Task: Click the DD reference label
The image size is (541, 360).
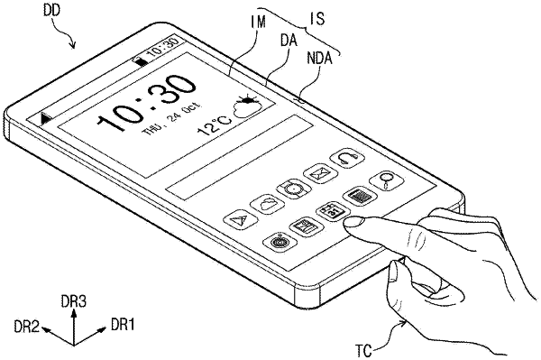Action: coord(51,10)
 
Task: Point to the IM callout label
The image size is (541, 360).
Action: coord(258,23)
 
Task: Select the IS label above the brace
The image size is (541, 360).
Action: coord(317,18)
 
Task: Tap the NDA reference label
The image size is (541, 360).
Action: coord(319,59)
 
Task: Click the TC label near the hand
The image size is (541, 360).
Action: coord(363,352)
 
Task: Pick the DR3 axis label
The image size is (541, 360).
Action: coord(74,301)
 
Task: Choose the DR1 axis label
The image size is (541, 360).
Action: coord(123,325)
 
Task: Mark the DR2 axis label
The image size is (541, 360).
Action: coord(27,327)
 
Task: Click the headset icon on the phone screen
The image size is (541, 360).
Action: coord(347,159)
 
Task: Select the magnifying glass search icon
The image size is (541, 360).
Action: coord(387,180)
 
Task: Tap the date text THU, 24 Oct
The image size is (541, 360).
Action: coord(171,118)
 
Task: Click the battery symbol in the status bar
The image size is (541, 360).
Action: coord(141,61)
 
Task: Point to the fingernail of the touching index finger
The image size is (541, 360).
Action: coord(354,221)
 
